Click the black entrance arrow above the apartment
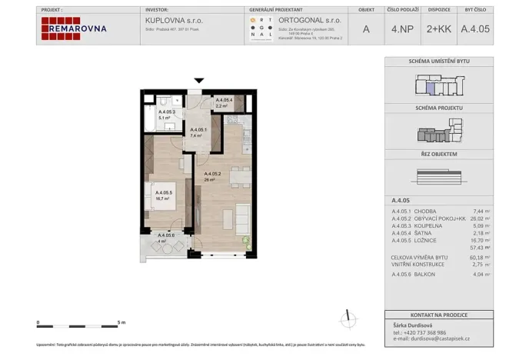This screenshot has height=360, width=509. point(200,81)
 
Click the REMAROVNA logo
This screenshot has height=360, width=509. point(75,28)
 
